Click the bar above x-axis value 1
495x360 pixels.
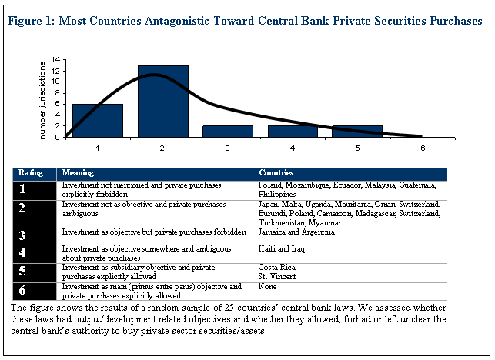coord(98,121)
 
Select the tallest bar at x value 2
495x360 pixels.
coord(163,102)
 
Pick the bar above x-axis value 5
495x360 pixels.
coord(358,132)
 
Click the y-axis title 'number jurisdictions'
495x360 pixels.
coord(45,98)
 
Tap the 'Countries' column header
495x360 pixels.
coord(275,173)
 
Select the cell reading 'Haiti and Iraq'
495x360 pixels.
coord(279,250)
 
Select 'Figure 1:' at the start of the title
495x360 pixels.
coord(32,22)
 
